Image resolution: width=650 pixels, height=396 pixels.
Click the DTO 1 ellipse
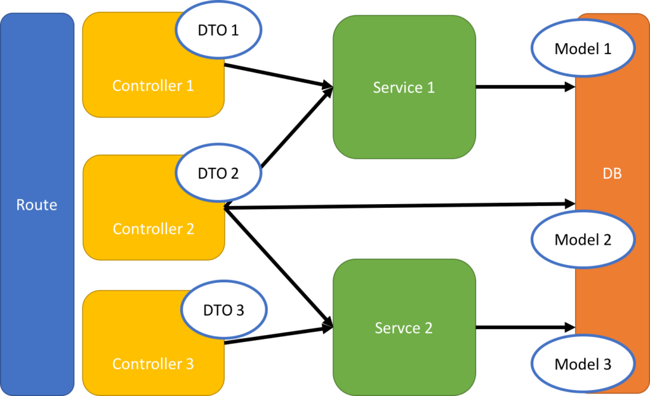tap(218, 30)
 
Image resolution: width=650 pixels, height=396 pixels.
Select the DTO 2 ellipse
tap(218, 173)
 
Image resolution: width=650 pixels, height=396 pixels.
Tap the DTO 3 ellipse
tap(223, 310)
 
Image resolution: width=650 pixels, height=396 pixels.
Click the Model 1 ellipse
tap(582, 49)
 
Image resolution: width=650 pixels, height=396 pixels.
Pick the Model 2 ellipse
tap(582, 240)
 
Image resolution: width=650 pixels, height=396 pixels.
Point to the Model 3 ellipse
tap(582, 364)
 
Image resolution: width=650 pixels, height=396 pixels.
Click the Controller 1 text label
tap(153, 85)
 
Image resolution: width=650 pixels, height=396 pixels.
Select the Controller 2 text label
tap(153, 228)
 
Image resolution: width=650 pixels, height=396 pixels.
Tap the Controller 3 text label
tap(153, 364)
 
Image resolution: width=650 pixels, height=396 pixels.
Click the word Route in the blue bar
tap(37, 205)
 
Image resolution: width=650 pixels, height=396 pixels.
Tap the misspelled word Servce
tap(397, 328)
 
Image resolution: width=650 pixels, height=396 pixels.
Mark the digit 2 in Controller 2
tap(190, 228)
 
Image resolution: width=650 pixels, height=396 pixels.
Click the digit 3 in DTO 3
tap(239, 310)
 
